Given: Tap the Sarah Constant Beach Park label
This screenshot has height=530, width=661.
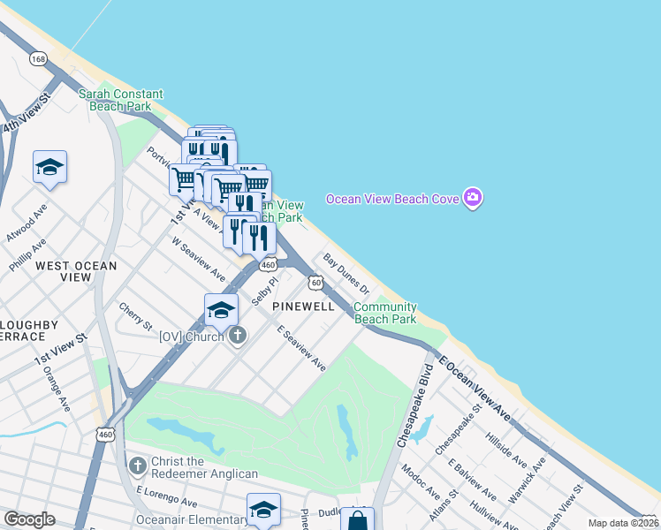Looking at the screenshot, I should pos(121,100).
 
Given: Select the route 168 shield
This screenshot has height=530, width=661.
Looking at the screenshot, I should pos(38,58).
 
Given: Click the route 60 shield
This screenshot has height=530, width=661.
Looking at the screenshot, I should pos(315,283).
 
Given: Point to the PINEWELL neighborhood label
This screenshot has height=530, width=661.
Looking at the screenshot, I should pos(303,307).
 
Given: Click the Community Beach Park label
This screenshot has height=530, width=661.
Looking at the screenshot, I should pos(385,313).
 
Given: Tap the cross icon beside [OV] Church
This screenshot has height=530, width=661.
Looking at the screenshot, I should pos(237,336).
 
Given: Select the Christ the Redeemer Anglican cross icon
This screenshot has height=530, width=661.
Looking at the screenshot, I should pos(137,465).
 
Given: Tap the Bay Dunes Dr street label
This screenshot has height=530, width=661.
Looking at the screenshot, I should pos(346,274).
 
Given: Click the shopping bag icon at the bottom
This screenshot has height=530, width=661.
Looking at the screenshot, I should pos(357,520).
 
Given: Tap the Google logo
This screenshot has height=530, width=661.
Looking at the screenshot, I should pos(29,519).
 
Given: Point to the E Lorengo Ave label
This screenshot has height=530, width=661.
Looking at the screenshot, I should pos(166,495).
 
